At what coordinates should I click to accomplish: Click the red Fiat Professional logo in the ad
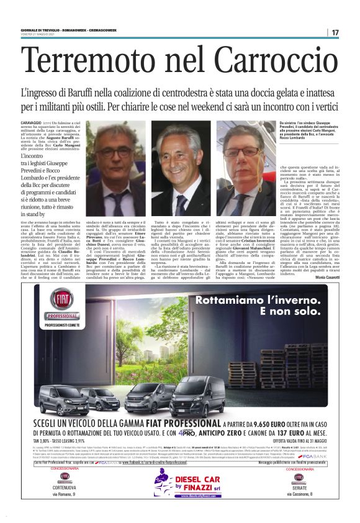pyautogui.click(x=60, y=302)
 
